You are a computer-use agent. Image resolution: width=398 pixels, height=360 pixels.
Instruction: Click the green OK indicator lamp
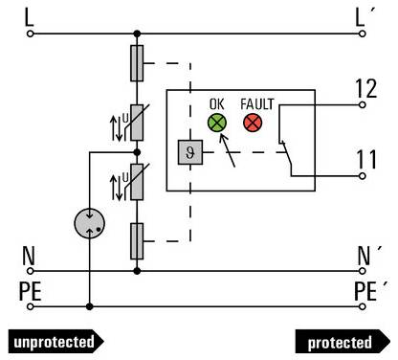tap(217, 123)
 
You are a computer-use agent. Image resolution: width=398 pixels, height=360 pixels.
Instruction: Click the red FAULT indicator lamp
tap(253, 123)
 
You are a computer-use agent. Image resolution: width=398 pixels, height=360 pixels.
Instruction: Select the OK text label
tap(217, 102)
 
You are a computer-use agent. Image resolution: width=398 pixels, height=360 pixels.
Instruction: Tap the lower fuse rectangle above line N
tap(138, 235)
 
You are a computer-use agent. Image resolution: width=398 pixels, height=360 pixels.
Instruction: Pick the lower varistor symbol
tap(138, 183)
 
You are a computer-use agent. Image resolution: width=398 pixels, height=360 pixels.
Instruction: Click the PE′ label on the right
tap(368, 289)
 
